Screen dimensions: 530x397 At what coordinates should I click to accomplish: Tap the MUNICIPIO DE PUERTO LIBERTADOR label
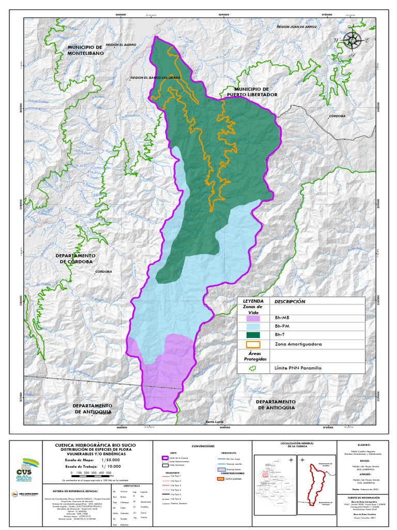point(252,92)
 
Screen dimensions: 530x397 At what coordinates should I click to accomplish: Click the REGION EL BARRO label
point(120,45)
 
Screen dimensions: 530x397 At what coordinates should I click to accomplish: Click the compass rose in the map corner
point(352,39)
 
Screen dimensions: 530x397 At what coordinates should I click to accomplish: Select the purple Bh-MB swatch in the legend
point(253,318)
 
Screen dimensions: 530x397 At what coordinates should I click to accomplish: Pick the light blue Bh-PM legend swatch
point(253,327)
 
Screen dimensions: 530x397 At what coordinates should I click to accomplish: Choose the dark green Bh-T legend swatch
point(253,335)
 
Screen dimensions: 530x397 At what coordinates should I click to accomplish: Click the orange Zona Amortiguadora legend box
point(253,344)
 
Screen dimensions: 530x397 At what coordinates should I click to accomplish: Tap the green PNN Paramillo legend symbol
point(253,368)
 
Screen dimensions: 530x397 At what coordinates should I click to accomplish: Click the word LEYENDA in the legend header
point(253,301)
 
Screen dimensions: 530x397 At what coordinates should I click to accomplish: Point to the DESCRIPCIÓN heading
point(290,301)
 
